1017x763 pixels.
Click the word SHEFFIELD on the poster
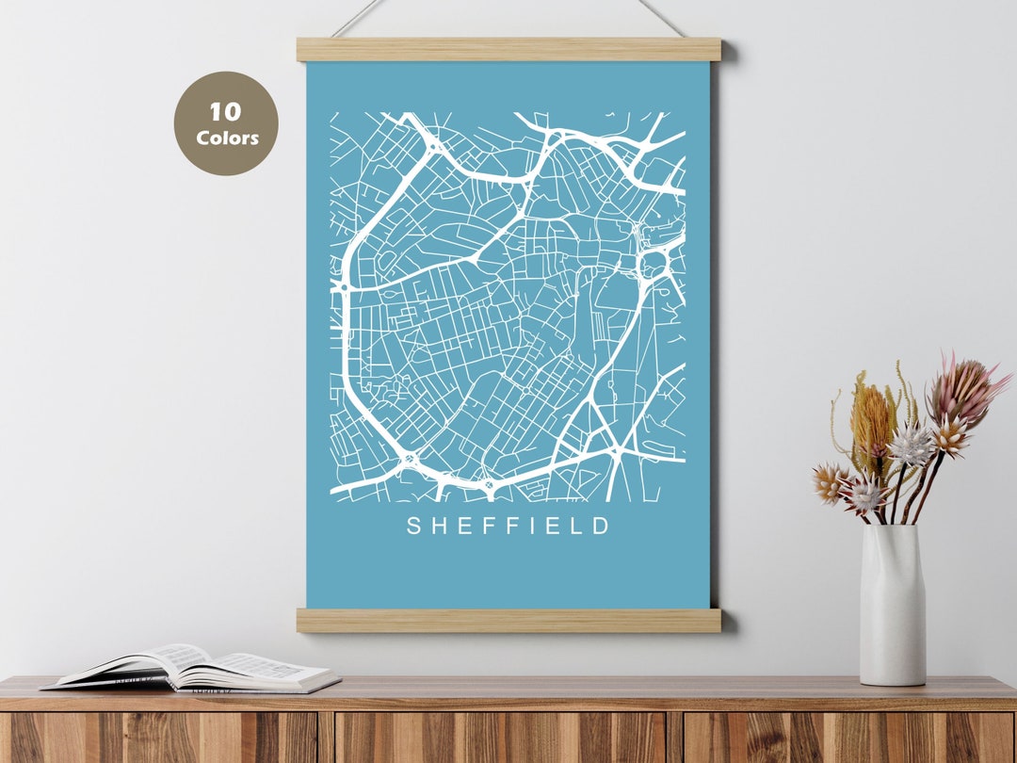pyautogui.click(x=508, y=526)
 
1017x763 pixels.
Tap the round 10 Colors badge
pyautogui.click(x=226, y=123)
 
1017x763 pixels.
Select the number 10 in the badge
pyautogui.click(x=226, y=112)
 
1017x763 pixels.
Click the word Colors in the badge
pyautogui.click(x=227, y=138)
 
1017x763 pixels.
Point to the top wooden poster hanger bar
pyautogui.click(x=508, y=49)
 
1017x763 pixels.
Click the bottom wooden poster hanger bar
pyautogui.click(x=508, y=620)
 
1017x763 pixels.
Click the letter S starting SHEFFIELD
pyautogui.click(x=413, y=527)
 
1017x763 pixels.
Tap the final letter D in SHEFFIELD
pyautogui.click(x=603, y=527)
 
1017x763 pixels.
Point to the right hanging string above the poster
pyautogui.click(x=662, y=17)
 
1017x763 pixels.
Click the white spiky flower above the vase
pyautogui.click(x=912, y=445)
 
